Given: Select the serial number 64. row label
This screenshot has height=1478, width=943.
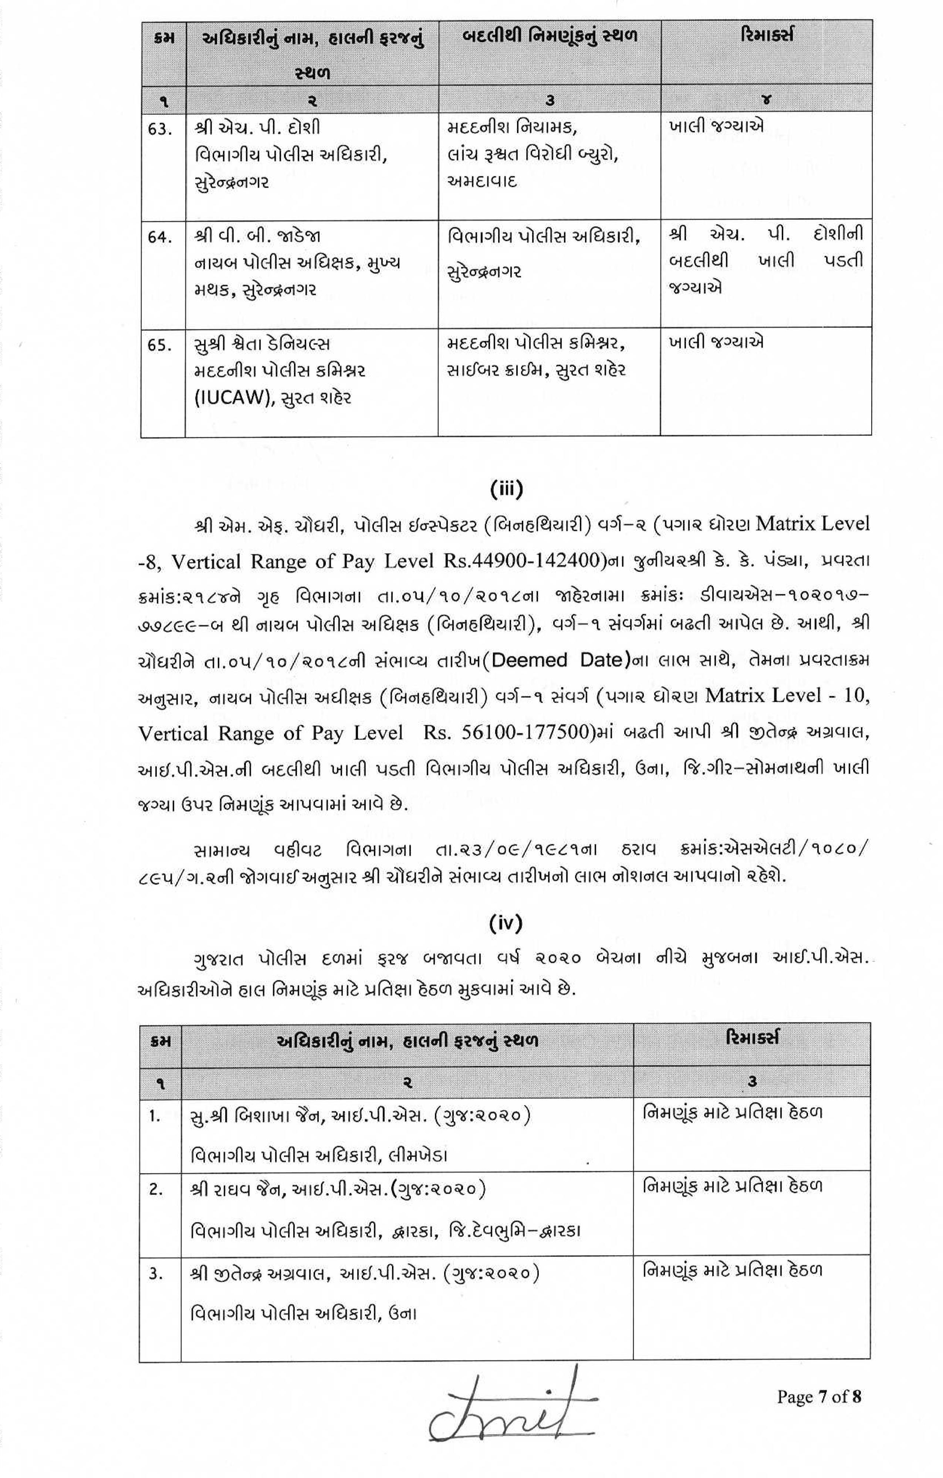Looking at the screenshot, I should [159, 237].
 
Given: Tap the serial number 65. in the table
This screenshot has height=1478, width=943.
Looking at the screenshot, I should [159, 345].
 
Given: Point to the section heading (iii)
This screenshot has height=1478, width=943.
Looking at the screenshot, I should [506, 489].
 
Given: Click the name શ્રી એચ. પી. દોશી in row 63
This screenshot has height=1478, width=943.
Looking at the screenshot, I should [258, 128].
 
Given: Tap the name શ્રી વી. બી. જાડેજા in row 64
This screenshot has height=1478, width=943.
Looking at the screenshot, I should [258, 236].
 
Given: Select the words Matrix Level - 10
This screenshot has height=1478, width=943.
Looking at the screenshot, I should [787, 695].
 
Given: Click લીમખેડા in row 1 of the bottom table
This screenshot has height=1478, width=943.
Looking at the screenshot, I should [417, 1156].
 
